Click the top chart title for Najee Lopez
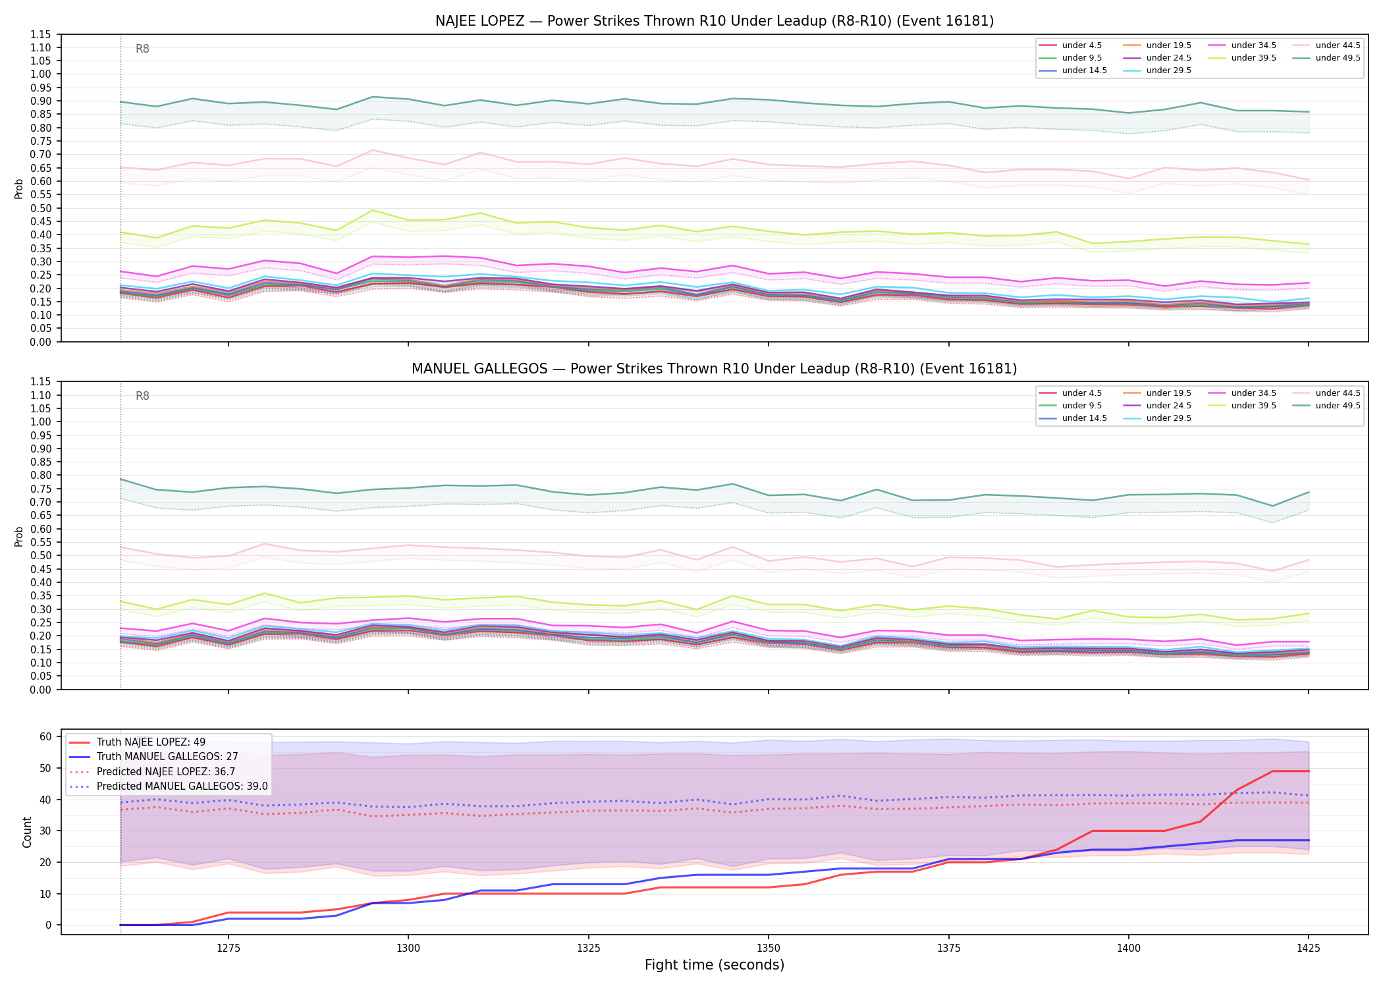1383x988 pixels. [x=715, y=21]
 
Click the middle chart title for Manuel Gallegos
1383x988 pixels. [x=715, y=369]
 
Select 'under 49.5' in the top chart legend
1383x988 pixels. [x=1338, y=58]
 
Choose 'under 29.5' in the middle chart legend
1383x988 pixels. [x=1168, y=418]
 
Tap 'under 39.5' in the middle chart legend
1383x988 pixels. [x=1253, y=406]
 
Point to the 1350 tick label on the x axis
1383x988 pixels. [x=768, y=948]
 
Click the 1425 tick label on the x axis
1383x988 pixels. [x=1308, y=948]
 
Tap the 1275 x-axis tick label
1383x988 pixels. [x=228, y=948]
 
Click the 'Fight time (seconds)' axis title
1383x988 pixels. [x=715, y=965]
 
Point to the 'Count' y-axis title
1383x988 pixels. [x=27, y=832]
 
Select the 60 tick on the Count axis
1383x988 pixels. [x=45, y=737]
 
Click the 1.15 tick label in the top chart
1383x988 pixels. [x=40, y=35]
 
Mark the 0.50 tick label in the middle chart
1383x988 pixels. [x=40, y=556]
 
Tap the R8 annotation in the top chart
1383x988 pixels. [x=142, y=49]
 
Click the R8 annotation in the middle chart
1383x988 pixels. [x=142, y=396]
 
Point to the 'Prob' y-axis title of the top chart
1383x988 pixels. [x=19, y=188]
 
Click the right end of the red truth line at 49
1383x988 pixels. [x=1309, y=771]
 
